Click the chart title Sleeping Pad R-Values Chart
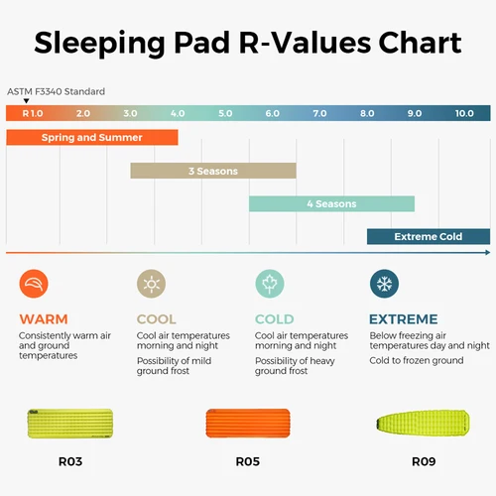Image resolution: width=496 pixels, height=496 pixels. click(248, 44)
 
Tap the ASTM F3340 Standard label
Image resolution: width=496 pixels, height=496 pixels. click(56, 91)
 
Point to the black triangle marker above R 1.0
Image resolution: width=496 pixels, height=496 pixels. click(27, 101)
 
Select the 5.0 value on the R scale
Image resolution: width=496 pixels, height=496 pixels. click(224, 114)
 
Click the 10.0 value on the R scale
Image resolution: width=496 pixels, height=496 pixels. click(464, 114)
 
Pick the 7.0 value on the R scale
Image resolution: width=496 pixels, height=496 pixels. click(319, 114)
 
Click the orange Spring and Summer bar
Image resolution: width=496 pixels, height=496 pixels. click(91, 138)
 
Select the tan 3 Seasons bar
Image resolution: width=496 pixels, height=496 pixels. click(213, 171)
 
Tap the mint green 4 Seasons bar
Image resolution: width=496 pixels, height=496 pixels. click(330, 203)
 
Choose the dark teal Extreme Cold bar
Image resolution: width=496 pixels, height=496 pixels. click(428, 236)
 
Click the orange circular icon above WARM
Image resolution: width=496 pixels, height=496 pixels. click(34, 286)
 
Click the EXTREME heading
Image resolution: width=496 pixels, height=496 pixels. click(403, 319)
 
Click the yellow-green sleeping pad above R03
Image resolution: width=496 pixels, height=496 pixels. click(71, 424)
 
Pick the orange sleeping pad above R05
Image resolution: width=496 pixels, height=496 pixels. click(248, 424)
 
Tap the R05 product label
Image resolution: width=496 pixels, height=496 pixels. click(248, 461)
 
